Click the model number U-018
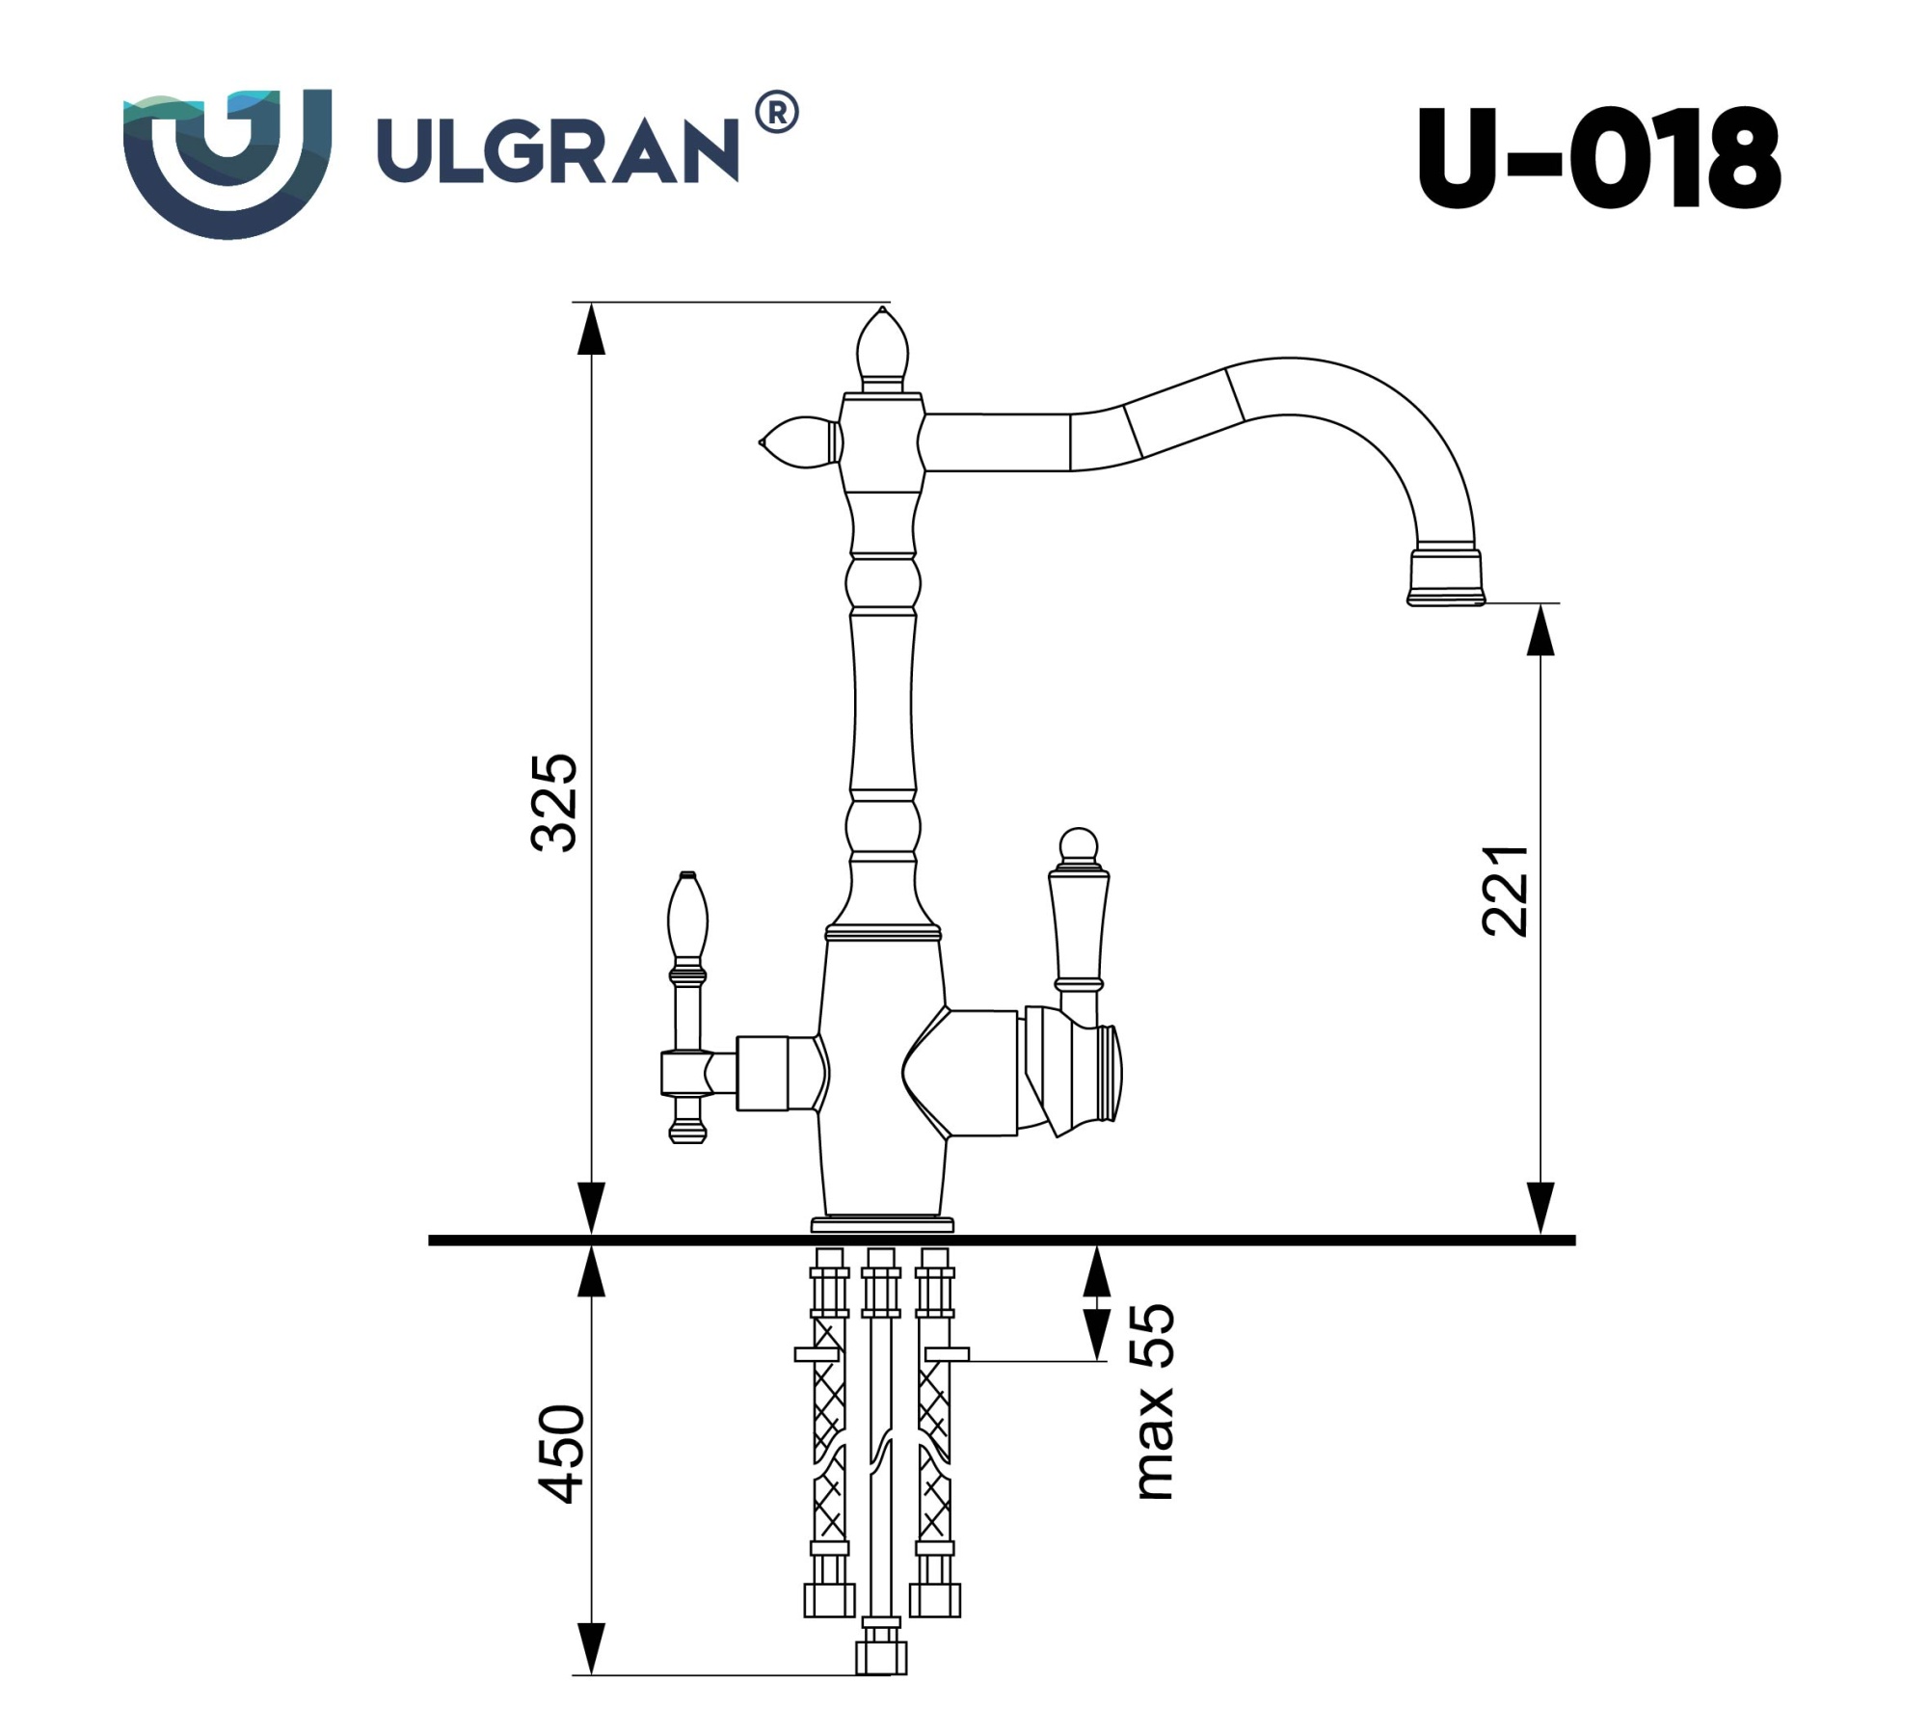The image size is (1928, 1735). (1597, 157)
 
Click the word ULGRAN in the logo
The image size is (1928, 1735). (556, 149)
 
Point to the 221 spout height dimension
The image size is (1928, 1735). (1505, 891)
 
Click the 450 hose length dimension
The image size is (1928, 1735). (560, 1454)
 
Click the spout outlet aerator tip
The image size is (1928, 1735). (1445, 578)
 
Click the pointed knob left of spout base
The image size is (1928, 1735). (798, 442)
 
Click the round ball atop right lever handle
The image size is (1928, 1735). (1078, 845)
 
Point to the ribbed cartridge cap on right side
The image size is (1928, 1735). (1109, 1072)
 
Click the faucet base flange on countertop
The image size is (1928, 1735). (882, 1225)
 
